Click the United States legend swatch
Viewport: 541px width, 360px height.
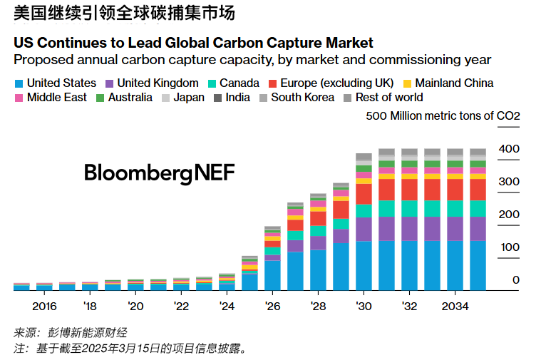19,83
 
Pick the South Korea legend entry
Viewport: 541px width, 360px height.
302,98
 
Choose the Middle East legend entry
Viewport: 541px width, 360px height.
56,98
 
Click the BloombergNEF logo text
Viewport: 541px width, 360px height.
159,173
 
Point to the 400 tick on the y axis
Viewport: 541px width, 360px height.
510,149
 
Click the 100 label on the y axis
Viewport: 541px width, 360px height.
510,247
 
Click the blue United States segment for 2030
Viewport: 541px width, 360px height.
364,265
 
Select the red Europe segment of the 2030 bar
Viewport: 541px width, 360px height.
364,194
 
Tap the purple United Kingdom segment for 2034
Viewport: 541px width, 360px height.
455,228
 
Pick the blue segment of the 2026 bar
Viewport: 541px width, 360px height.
272,275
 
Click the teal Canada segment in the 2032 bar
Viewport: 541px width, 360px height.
409,208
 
